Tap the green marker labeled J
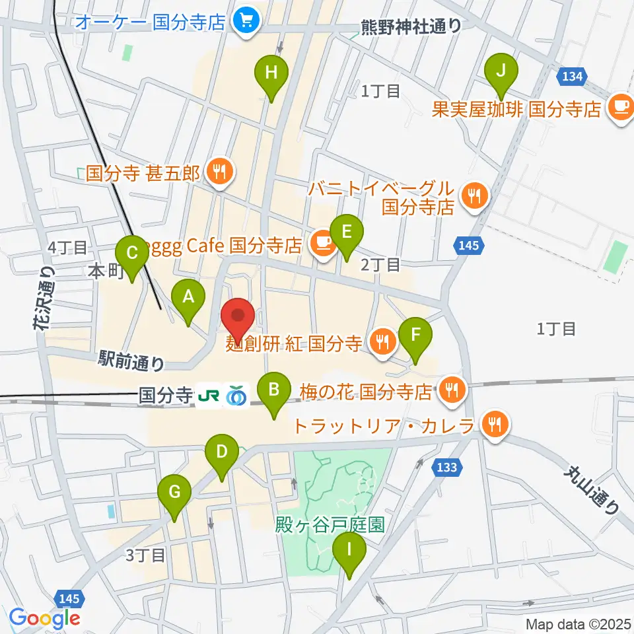[x=501, y=70]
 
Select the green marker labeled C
[x=131, y=253]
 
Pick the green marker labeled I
[x=349, y=549]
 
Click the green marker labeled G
[x=174, y=493]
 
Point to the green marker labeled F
[x=415, y=334]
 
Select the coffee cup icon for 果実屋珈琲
[x=620, y=106]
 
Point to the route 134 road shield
[x=572, y=77]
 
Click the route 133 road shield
[x=446, y=468]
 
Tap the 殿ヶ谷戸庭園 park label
[x=331, y=525]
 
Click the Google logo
[x=44, y=619]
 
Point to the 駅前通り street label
[x=131, y=360]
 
